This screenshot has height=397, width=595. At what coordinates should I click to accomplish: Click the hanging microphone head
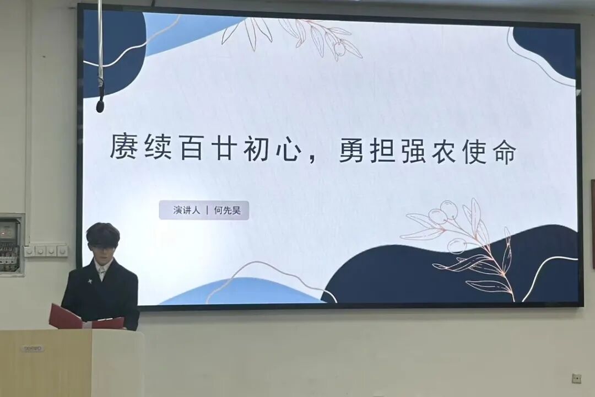(100, 104)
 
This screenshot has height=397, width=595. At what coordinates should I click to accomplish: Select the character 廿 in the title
(226, 148)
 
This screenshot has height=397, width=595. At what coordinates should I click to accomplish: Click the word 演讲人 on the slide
(186, 210)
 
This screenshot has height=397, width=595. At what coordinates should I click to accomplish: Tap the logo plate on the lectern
(33, 348)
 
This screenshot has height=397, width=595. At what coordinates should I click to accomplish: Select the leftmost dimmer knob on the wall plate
(30, 251)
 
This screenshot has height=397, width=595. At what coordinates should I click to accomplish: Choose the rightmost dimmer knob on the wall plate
(62, 251)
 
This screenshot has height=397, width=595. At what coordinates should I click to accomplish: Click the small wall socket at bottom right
(576, 378)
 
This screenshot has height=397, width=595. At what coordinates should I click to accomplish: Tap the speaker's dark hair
(102, 234)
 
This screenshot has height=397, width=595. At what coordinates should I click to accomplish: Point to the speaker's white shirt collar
(102, 271)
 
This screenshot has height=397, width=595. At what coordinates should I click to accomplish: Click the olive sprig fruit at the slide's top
(340, 49)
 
